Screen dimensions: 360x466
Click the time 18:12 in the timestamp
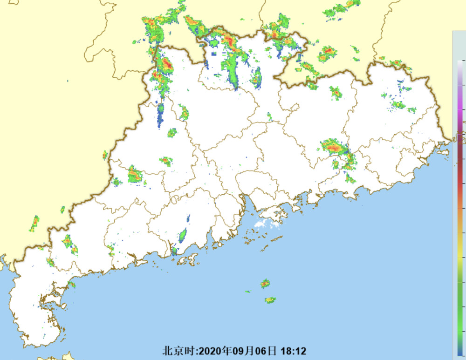tap(293, 350)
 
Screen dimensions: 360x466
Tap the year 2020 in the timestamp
tap(211, 350)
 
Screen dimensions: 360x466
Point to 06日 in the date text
tap(266, 350)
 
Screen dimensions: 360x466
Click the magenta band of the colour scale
tap(460, 112)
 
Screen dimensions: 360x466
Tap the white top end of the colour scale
tap(460, 65)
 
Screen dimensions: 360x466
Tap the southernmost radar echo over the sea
tap(270, 300)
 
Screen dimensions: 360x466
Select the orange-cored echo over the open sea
tap(265, 283)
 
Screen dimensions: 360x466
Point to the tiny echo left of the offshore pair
tap(247, 292)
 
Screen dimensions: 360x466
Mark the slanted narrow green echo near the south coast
tap(183, 235)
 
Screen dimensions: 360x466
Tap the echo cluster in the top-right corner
tap(343, 8)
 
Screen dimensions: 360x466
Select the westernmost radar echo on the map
tap(34, 224)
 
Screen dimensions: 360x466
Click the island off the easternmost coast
tap(444, 151)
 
